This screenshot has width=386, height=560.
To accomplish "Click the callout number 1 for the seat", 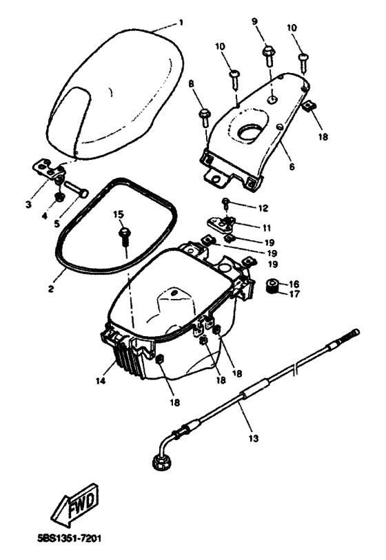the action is (x=181, y=23).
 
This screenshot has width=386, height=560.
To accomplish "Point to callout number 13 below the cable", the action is (x=254, y=438).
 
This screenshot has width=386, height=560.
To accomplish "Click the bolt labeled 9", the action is (x=269, y=55).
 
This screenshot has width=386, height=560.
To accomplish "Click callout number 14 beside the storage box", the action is (x=101, y=381).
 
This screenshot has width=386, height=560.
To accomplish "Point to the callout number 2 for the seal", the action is (x=51, y=289).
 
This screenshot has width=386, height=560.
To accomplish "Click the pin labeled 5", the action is (x=76, y=189).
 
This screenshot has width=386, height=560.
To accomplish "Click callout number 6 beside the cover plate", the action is (x=292, y=167).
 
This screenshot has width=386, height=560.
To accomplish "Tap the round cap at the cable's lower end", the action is (x=159, y=462).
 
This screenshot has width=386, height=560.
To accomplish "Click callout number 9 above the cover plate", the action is (x=254, y=21).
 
